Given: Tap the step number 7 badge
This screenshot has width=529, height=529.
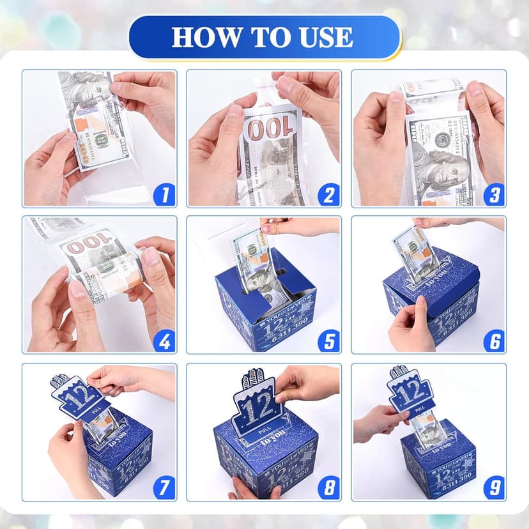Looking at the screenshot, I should [164, 489].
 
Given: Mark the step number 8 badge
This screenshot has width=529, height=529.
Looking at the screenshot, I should [329, 489].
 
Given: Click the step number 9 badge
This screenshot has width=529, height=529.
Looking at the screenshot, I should [494, 489].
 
